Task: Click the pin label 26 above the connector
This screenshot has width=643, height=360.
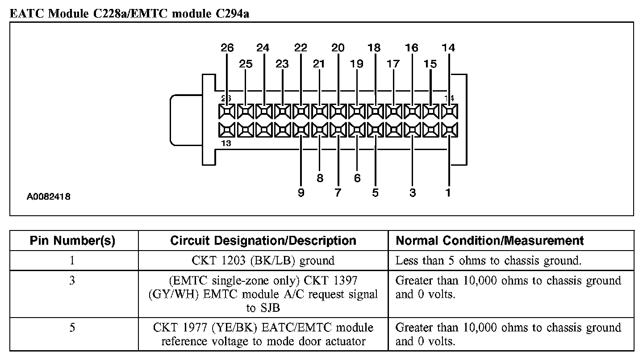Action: coord(227,48)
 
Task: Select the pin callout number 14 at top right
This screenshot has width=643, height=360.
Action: coord(448,48)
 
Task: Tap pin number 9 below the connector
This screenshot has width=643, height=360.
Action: coord(301,193)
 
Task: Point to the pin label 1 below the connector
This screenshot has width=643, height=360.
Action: coord(448,193)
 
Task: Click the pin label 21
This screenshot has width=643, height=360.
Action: coord(319,64)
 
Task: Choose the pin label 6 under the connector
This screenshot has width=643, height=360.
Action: coord(357,178)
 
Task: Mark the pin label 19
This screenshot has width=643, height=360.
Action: coord(357,64)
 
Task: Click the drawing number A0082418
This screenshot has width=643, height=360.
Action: coord(48,197)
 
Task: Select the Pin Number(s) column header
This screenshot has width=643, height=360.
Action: coord(72,241)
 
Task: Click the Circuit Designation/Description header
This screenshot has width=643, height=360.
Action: coord(263,241)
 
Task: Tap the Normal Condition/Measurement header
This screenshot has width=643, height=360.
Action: coord(490,241)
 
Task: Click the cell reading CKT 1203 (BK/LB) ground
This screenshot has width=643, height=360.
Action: coord(263,260)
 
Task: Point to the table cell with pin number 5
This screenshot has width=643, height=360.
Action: coord(72,328)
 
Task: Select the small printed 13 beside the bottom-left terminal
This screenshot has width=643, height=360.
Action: coord(226,144)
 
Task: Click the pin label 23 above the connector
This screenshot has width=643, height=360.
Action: coord(282,64)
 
